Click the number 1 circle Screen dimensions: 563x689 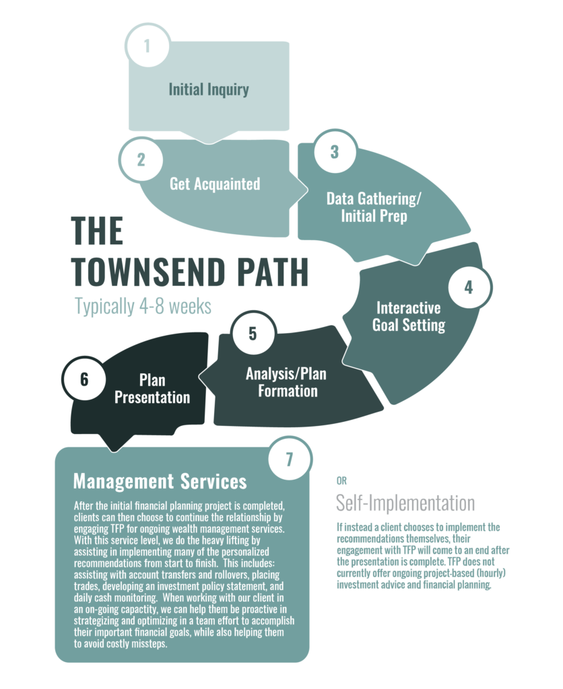[147, 45]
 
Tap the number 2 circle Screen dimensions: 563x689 [141, 159]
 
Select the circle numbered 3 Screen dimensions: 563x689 [335, 151]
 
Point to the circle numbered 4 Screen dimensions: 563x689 [469, 287]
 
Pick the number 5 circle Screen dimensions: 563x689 [253, 333]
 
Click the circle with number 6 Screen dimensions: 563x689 [84, 378]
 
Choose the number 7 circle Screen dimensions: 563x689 [290, 459]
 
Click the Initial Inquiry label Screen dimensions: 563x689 [209, 89]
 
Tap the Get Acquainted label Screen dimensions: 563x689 [215, 184]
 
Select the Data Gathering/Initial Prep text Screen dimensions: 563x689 [374, 207]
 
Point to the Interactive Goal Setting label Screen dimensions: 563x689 [409, 316]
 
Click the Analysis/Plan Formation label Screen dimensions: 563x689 [286, 382]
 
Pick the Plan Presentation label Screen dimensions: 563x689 [152, 388]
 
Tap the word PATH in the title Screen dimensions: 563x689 [273, 272]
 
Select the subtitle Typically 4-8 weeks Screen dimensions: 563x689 [143, 306]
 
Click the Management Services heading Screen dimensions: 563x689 [160, 481]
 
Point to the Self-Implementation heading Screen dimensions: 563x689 [405, 503]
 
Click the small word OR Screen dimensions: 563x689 [341, 480]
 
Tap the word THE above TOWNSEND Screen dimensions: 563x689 [97, 231]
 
